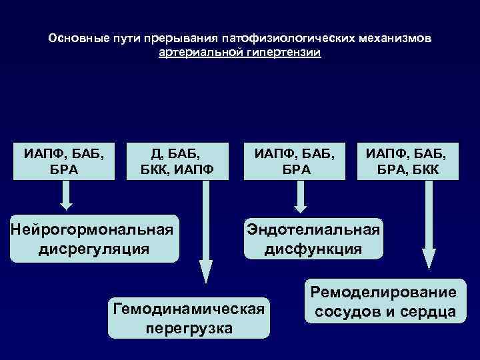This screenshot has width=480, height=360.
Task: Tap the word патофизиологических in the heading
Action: pyautogui.click(x=282, y=38)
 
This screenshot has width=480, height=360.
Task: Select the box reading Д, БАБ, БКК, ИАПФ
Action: pyautogui.click(x=177, y=161)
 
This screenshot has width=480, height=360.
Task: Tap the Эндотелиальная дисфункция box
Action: pyautogui.click(x=313, y=239)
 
